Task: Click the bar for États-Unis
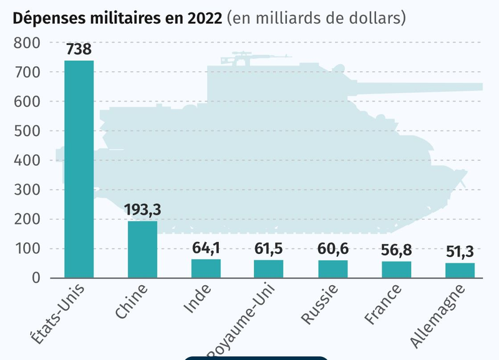click(x=79, y=169)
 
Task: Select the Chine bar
click(x=143, y=249)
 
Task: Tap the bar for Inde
click(x=206, y=268)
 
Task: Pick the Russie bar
click(x=333, y=269)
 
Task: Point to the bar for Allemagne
click(x=460, y=270)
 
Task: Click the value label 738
click(x=79, y=49)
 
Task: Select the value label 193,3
click(x=143, y=210)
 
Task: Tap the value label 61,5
click(x=268, y=248)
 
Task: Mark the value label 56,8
click(x=396, y=250)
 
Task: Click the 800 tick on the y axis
click(x=27, y=43)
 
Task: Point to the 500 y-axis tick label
click(x=27, y=131)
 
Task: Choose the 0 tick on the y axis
click(x=36, y=278)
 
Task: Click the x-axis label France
click(x=383, y=304)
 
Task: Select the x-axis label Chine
click(x=132, y=301)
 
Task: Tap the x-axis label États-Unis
click(x=58, y=314)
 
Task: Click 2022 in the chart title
click(x=205, y=19)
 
